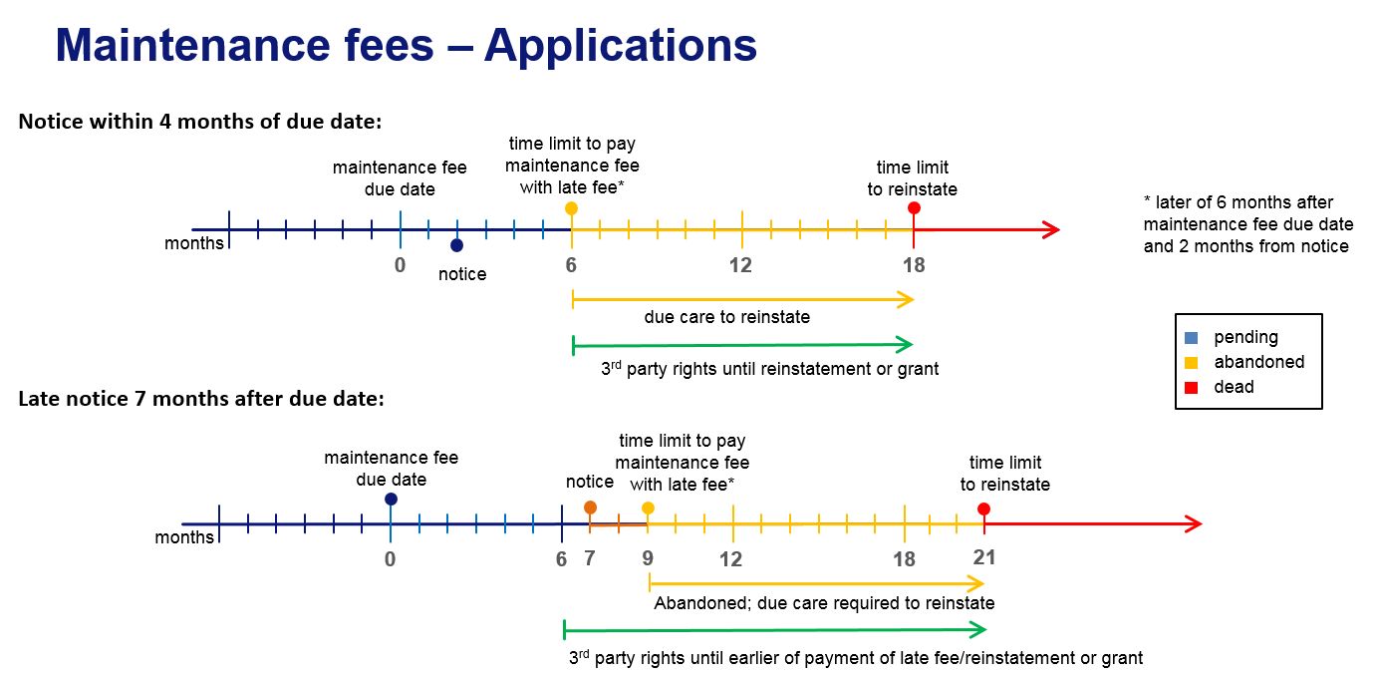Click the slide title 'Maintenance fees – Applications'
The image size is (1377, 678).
[x=406, y=46]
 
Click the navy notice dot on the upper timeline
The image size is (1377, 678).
[x=456, y=245]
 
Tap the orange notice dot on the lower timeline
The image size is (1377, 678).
[x=590, y=508]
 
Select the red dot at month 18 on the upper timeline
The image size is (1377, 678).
[x=914, y=208]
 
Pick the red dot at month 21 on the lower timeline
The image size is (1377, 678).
[x=984, y=508]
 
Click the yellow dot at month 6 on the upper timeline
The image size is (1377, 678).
[x=571, y=208]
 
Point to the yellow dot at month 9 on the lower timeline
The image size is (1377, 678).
[x=648, y=508]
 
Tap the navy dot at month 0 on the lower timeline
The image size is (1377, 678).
[x=391, y=499]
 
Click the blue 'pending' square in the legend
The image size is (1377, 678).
[x=1192, y=338]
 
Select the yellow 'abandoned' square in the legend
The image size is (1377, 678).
[x=1192, y=362]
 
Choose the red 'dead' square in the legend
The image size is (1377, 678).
[x=1192, y=387]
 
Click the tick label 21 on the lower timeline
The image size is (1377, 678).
[x=984, y=557]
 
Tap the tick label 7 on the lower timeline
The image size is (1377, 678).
[x=590, y=558]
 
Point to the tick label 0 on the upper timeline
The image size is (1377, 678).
[x=400, y=265]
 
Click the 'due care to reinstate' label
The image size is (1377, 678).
[x=726, y=317]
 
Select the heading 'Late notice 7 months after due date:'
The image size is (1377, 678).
[x=201, y=399]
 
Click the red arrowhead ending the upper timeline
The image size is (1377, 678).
[x=1051, y=230]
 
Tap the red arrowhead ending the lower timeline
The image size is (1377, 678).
[x=1194, y=524]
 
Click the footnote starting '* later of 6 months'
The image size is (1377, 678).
[x=1245, y=224]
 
